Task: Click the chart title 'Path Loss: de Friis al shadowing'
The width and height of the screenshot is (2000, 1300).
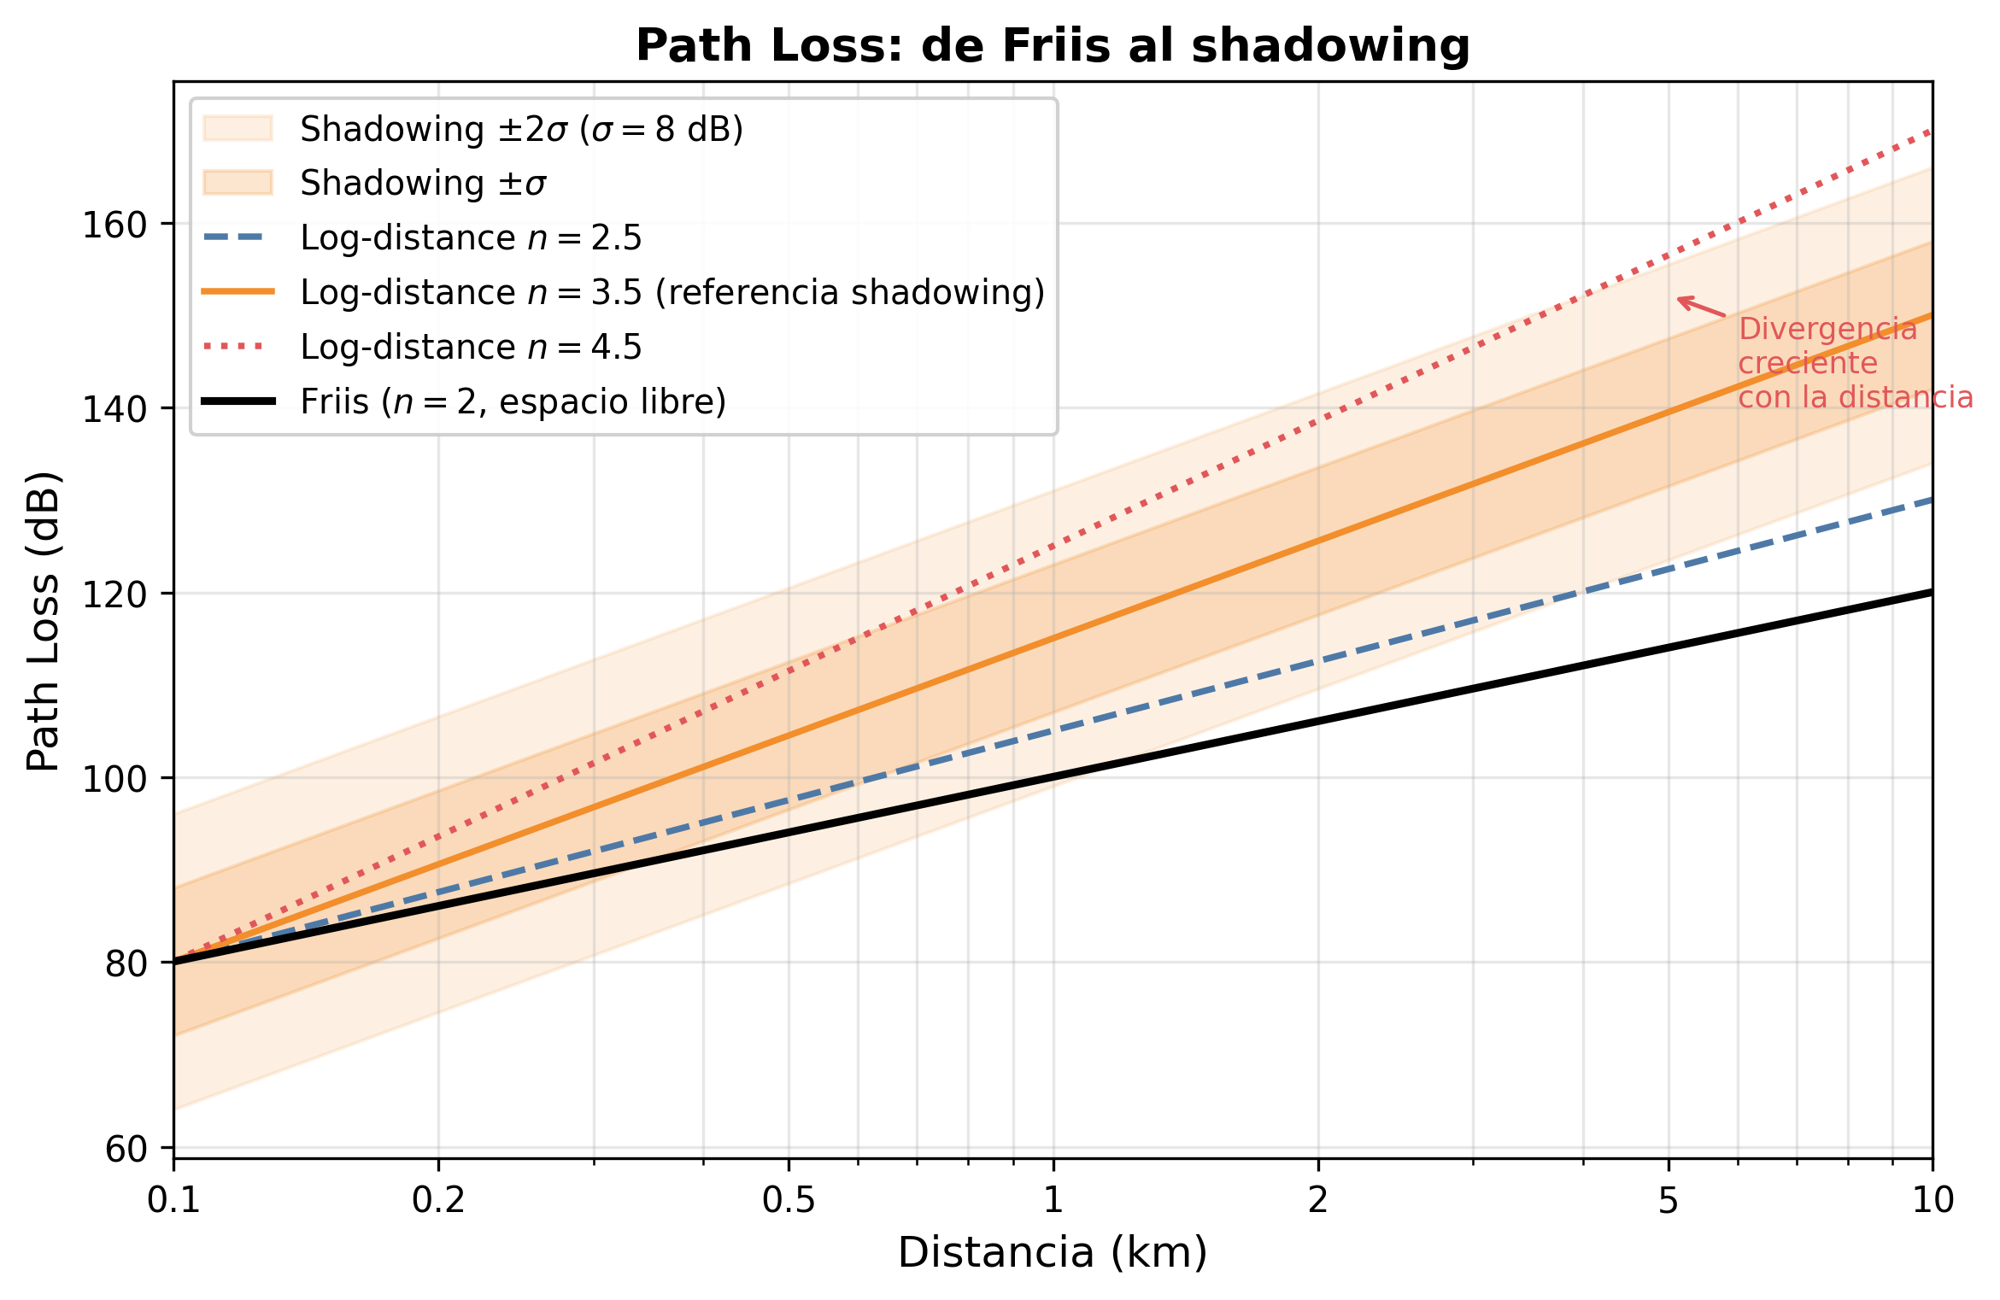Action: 1053,45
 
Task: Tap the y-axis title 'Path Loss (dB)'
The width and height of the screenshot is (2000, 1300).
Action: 44,621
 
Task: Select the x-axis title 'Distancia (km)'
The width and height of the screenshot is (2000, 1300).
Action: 1053,1253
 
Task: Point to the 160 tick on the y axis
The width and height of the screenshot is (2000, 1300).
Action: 114,225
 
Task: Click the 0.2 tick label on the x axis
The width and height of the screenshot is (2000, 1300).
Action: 438,1201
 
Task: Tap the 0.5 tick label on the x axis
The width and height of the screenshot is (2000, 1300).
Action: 789,1201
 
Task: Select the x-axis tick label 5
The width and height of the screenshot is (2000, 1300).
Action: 1669,1201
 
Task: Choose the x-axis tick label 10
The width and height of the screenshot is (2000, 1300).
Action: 1933,1201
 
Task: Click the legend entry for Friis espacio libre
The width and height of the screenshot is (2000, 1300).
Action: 513,401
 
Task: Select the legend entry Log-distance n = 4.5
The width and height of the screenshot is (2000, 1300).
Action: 471,347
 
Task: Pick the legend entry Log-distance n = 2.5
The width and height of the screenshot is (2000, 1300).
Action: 471,237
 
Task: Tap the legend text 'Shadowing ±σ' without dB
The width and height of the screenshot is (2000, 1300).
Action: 423,183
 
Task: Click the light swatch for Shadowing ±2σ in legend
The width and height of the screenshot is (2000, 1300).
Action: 238,128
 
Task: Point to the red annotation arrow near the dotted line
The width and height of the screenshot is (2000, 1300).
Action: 1700,307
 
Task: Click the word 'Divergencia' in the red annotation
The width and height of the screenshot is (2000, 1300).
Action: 1827,329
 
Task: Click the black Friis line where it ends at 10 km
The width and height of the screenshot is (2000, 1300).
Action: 1929,593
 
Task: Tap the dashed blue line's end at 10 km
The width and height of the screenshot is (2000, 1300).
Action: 1929,501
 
